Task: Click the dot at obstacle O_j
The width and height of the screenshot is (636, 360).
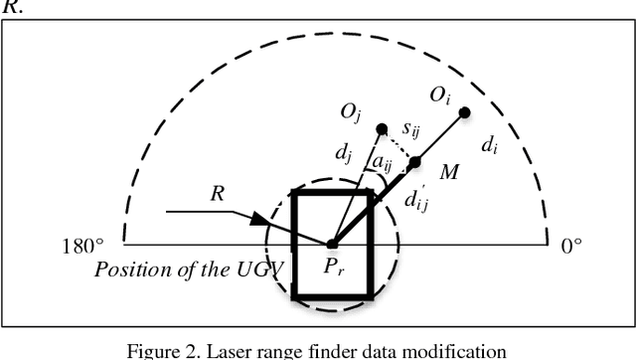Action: (x=382, y=129)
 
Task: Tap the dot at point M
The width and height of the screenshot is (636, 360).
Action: (x=415, y=162)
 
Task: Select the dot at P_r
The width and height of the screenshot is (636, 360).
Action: (x=332, y=244)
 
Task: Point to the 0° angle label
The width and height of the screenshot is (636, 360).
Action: (x=572, y=246)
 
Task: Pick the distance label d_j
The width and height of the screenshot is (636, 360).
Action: (x=341, y=154)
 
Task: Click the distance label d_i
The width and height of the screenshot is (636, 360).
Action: (x=489, y=146)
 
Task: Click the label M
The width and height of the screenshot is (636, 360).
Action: (x=449, y=175)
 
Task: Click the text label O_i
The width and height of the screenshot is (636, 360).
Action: (x=436, y=95)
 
